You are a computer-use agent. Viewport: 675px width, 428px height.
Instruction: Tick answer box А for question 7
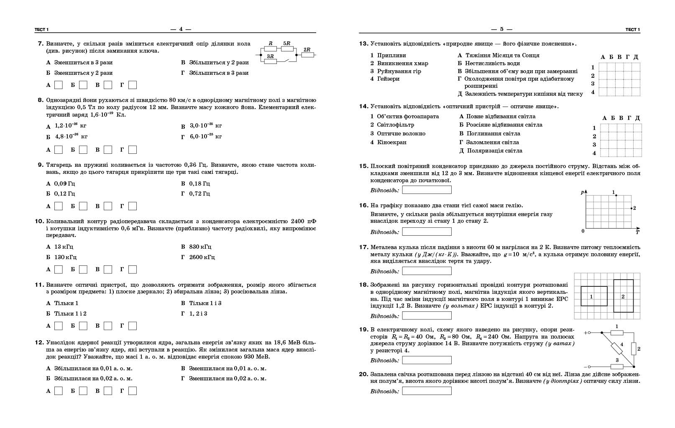click(59, 85)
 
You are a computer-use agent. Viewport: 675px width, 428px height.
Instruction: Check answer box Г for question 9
click(133, 206)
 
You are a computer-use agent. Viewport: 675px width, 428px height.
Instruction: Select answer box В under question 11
click(108, 326)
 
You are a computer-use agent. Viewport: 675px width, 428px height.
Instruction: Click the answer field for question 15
click(427, 190)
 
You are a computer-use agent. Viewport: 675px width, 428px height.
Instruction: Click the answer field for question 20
click(427, 391)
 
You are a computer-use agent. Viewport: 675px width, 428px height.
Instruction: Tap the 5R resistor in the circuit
click(287, 48)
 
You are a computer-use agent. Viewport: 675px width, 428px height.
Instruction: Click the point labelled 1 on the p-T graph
click(616, 195)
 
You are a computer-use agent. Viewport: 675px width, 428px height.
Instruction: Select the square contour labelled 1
click(594, 296)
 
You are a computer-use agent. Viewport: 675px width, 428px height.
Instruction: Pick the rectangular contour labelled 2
click(623, 296)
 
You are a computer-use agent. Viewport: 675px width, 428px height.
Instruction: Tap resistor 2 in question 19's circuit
click(634, 349)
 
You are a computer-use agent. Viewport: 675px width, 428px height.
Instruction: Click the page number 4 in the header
click(181, 29)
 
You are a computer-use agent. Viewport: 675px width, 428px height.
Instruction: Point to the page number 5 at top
click(502, 29)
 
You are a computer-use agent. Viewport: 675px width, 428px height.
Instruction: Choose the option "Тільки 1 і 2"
click(70, 313)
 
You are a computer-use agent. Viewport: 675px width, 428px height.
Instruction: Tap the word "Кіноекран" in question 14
click(391, 142)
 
